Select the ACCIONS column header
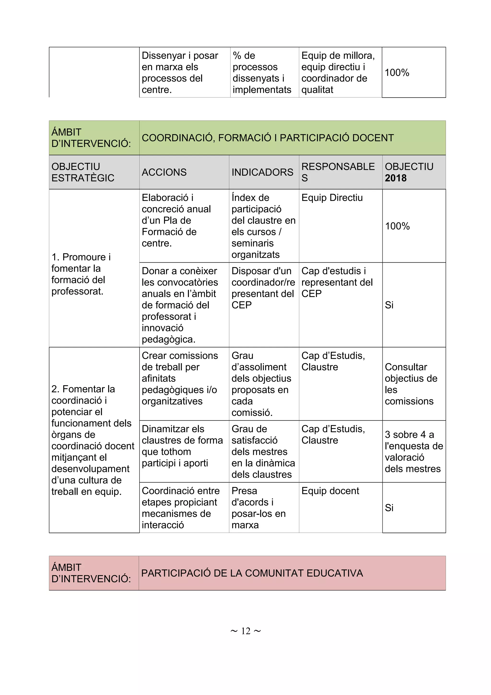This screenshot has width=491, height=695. click(x=164, y=172)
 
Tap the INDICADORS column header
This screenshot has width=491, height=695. click(x=262, y=172)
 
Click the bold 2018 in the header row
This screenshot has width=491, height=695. click(x=395, y=178)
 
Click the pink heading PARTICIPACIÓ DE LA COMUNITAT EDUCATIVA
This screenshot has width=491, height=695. click(x=252, y=573)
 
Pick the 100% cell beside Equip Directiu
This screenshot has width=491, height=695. click(x=397, y=226)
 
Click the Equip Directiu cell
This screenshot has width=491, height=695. click(x=332, y=198)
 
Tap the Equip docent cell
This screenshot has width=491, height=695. click(x=330, y=491)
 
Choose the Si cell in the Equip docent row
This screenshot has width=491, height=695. click(x=389, y=508)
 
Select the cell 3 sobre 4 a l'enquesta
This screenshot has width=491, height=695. click(x=413, y=451)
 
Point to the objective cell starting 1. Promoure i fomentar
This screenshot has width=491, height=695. click(x=81, y=274)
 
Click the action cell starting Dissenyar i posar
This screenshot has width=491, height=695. click(x=180, y=72)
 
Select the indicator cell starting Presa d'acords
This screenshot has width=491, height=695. click(x=258, y=508)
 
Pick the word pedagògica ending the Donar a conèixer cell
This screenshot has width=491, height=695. click(x=168, y=339)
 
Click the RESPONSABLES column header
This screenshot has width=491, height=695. click(x=338, y=172)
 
